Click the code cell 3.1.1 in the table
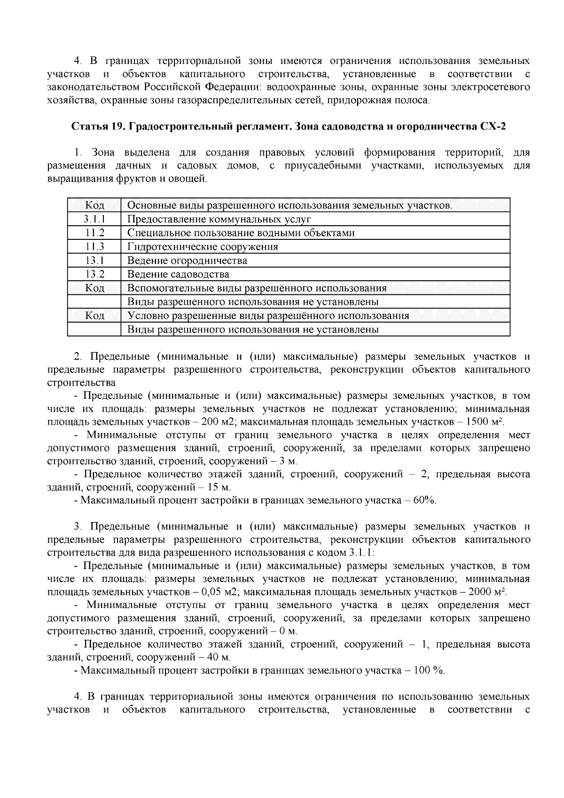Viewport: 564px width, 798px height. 94,219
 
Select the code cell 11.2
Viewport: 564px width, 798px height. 94,233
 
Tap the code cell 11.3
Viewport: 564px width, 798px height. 94,246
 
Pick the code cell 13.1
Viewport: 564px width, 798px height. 94,260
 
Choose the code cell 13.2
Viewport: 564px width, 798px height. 94,274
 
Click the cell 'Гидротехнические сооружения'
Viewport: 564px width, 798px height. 203,246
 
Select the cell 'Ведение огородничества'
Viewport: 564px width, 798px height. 187,260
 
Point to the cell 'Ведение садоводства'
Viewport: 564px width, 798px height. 178,274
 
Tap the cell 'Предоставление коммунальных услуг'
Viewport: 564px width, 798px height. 219,219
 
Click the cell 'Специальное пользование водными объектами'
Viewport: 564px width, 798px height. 241,233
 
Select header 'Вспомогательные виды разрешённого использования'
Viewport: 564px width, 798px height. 257,288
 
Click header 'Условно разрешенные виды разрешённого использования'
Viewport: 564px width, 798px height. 268,316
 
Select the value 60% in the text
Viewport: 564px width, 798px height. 425,500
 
